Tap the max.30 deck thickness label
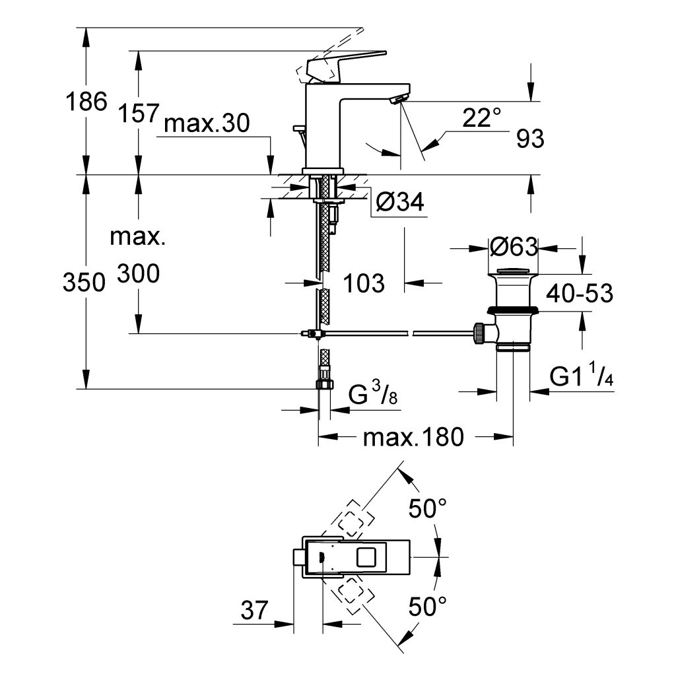[207, 124]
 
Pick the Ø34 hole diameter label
[400, 203]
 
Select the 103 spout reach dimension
[364, 283]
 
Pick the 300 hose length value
[138, 273]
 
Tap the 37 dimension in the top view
[255, 611]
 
